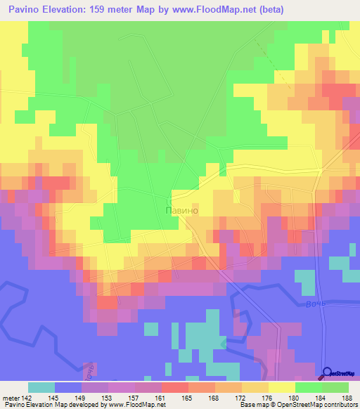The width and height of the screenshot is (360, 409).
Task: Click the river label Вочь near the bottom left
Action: click(x=89, y=370)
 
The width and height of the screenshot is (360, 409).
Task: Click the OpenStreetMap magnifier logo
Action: click(x=327, y=372)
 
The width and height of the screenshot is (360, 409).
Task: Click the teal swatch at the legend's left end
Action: click(x=41, y=387)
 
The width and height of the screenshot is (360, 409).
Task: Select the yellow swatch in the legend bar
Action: click(x=281, y=387)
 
